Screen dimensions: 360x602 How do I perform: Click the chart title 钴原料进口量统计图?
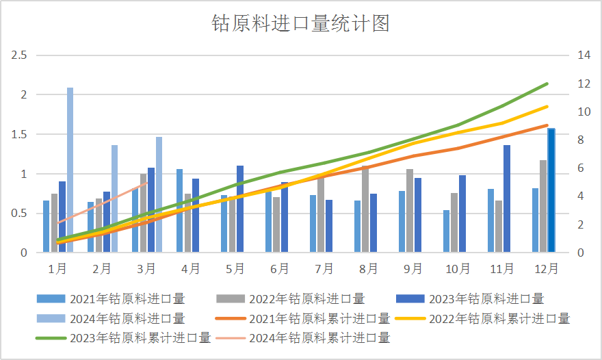[301, 24]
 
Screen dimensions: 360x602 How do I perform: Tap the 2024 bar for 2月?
[114, 198]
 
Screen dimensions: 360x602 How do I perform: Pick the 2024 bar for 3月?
[159, 194]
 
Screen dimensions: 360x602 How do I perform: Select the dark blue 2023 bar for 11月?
[507, 198]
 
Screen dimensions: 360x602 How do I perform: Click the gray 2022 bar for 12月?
[543, 206]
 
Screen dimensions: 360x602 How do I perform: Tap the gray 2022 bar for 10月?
[454, 222]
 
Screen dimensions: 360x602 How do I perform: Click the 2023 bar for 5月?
[240, 209]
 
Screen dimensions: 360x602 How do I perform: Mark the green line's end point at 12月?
[547, 83]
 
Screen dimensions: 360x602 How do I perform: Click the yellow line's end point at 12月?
[547, 106]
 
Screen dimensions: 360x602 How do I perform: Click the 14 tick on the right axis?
[584, 55]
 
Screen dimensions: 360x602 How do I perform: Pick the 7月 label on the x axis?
[325, 268]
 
